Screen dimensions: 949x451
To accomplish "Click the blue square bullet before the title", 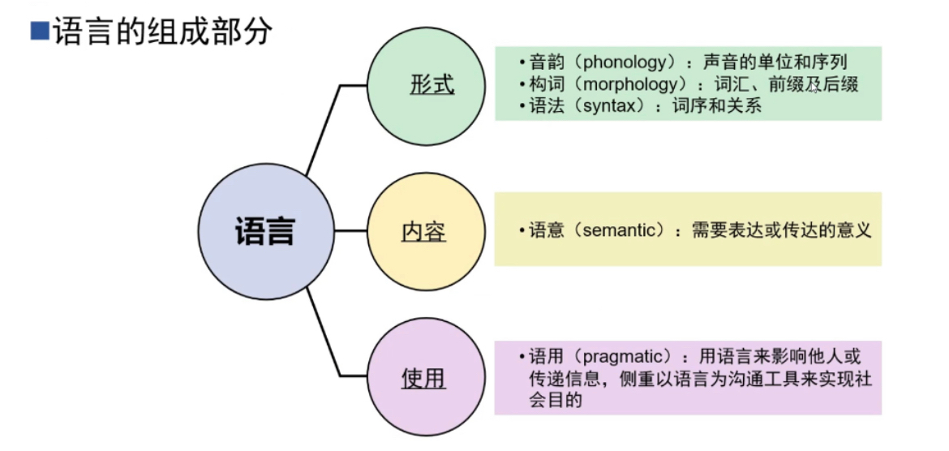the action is [x=39, y=30].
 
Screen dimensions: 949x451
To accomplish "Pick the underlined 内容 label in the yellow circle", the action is [x=423, y=232].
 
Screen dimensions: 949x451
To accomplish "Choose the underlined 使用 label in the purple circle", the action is [x=423, y=378].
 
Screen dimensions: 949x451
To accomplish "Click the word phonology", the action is [x=620, y=63].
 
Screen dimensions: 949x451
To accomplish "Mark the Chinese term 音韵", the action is [x=543, y=62].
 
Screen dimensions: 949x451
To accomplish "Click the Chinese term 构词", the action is [x=543, y=84].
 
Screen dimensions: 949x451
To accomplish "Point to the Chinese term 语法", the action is [x=543, y=106].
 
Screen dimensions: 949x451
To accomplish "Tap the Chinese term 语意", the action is [x=543, y=230].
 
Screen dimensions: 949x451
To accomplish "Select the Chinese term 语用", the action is [x=543, y=355].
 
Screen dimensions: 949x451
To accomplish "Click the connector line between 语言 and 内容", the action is [x=350, y=231].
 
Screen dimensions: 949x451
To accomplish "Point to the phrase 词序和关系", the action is [x=716, y=106].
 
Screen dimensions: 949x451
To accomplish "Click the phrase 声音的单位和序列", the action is [x=775, y=62].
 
